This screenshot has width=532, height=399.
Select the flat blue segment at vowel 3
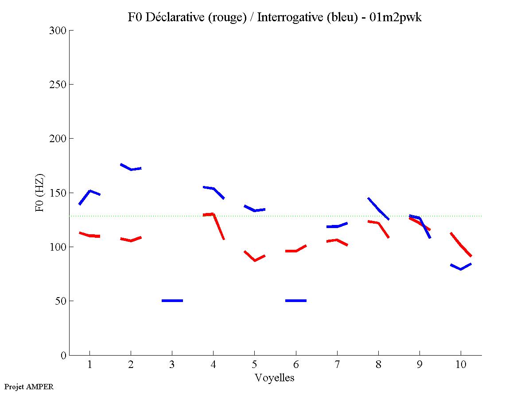pos(172,301)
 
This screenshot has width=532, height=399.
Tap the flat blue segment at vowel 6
pos(296,301)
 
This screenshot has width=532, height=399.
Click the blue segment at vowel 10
pos(461,268)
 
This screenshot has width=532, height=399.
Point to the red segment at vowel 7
pos(337,240)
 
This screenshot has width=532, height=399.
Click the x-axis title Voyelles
pos(274,378)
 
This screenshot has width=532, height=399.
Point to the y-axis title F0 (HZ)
pos(40,193)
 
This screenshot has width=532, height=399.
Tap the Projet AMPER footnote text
pos(29,387)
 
